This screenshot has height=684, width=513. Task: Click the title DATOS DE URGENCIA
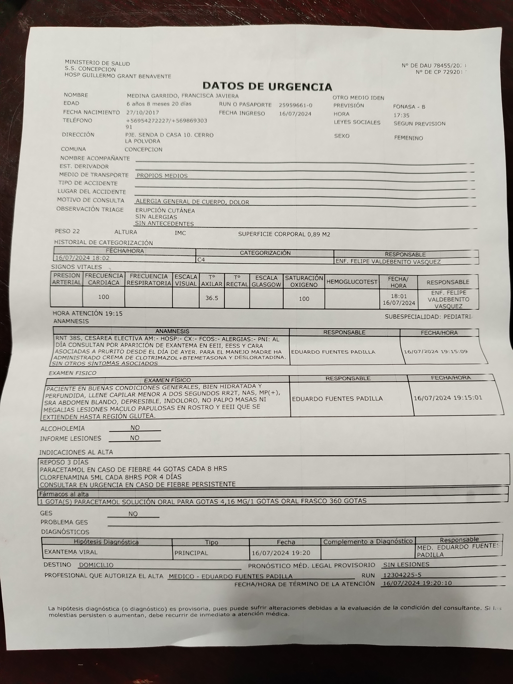(x=267, y=86)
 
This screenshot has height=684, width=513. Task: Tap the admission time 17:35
(x=401, y=115)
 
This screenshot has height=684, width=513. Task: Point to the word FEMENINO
(x=408, y=138)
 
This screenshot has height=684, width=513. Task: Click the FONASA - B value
(x=409, y=107)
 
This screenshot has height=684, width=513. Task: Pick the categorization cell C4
(x=201, y=260)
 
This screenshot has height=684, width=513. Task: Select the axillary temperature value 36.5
(x=212, y=298)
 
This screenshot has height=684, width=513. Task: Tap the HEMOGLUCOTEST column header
(x=352, y=282)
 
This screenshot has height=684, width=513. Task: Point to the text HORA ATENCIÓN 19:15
(x=88, y=313)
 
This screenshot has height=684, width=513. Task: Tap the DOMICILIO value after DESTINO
(x=96, y=565)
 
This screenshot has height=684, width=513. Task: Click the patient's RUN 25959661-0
(x=295, y=105)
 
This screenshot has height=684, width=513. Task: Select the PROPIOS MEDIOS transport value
(x=162, y=176)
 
